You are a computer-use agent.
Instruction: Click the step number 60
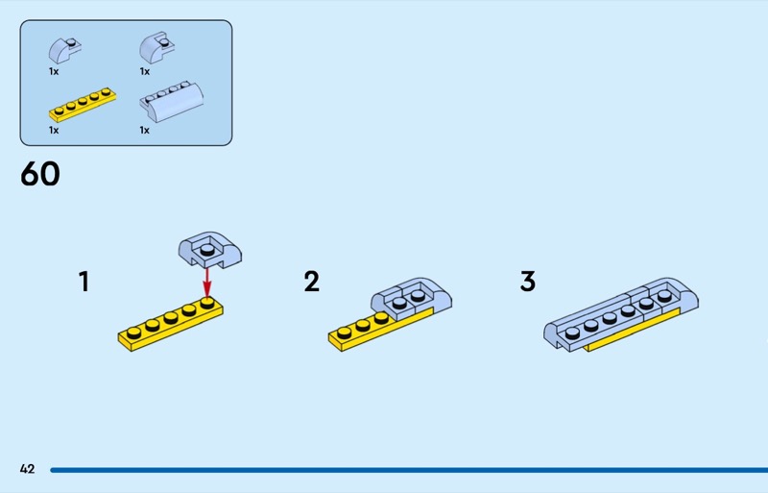(x=39, y=174)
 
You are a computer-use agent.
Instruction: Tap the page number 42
(x=27, y=469)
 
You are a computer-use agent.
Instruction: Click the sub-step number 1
(x=84, y=282)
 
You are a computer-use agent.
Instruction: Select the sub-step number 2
(x=311, y=282)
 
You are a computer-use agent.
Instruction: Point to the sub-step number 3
(x=528, y=282)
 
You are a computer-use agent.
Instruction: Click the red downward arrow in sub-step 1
(x=206, y=283)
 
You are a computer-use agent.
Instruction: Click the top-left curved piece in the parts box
(x=65, y=48)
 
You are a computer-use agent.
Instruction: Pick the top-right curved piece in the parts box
(x=155, y=47)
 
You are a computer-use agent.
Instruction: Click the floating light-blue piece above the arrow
(x=209, y=250)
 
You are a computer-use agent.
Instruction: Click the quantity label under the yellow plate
(x=54, y=130)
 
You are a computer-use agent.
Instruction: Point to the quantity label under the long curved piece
(x=144, y=130)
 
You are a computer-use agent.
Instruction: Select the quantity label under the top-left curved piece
(x=54, y=71)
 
